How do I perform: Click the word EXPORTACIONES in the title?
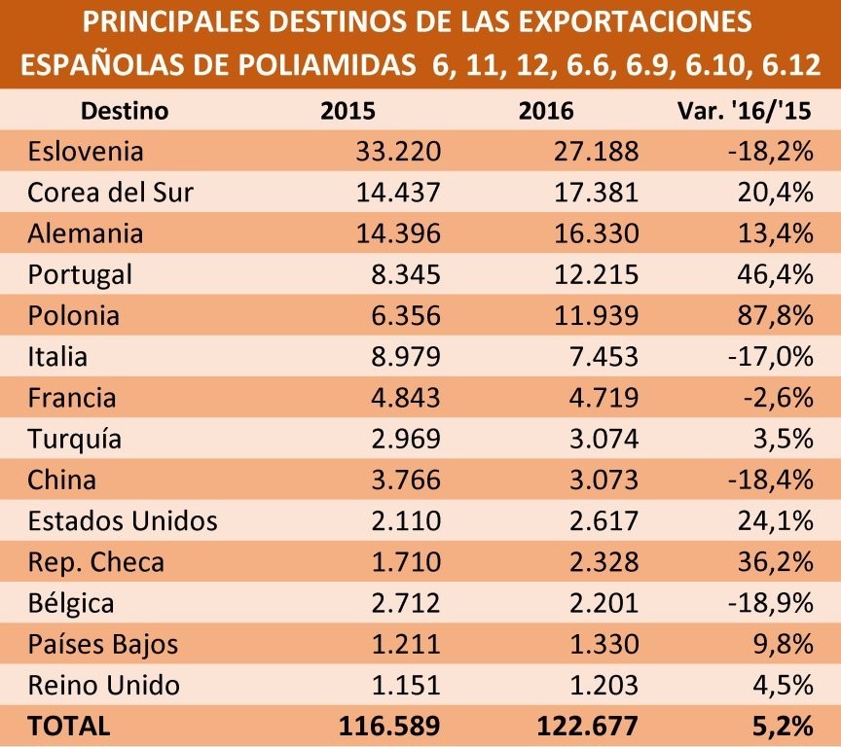click(x=636, y=22)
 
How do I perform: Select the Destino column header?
click(x=125, y=111)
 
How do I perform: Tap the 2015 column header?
click(x=347, y=111)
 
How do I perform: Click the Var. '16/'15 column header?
click(x=745, y=111)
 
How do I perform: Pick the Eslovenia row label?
click(x=86, y=151)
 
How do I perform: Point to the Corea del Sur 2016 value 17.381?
click(x=596, y=193)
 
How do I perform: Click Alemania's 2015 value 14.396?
click(x=398, y=233)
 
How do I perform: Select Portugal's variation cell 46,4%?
click(x=776, y=274)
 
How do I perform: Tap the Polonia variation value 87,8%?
click(x=776, y=315)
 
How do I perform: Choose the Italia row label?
click(x=57, y=357)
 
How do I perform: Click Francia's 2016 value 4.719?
click(x=603, y=398)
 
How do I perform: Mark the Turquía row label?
click(x=75, y=440)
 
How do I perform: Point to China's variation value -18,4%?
click(x=771, y=480)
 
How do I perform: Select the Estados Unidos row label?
click(x=123, y=521)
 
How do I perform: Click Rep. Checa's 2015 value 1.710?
click(x=406, y=562)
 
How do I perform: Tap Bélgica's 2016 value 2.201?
click(x=603, y=603)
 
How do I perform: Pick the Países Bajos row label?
click(x=103, y=645)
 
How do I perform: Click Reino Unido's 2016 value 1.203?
click(x=603, y=686)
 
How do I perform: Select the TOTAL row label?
click(x=69, y=727)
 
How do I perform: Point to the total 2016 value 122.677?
click(x=587, y=727)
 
